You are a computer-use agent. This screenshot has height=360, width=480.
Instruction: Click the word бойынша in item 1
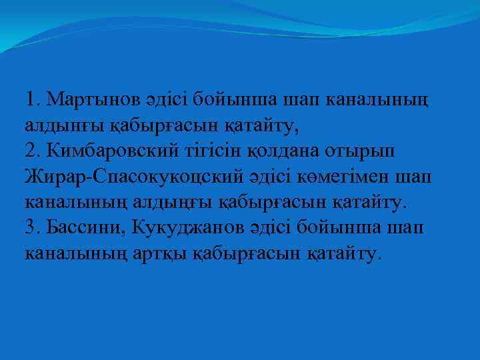click(x=227, y=100)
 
